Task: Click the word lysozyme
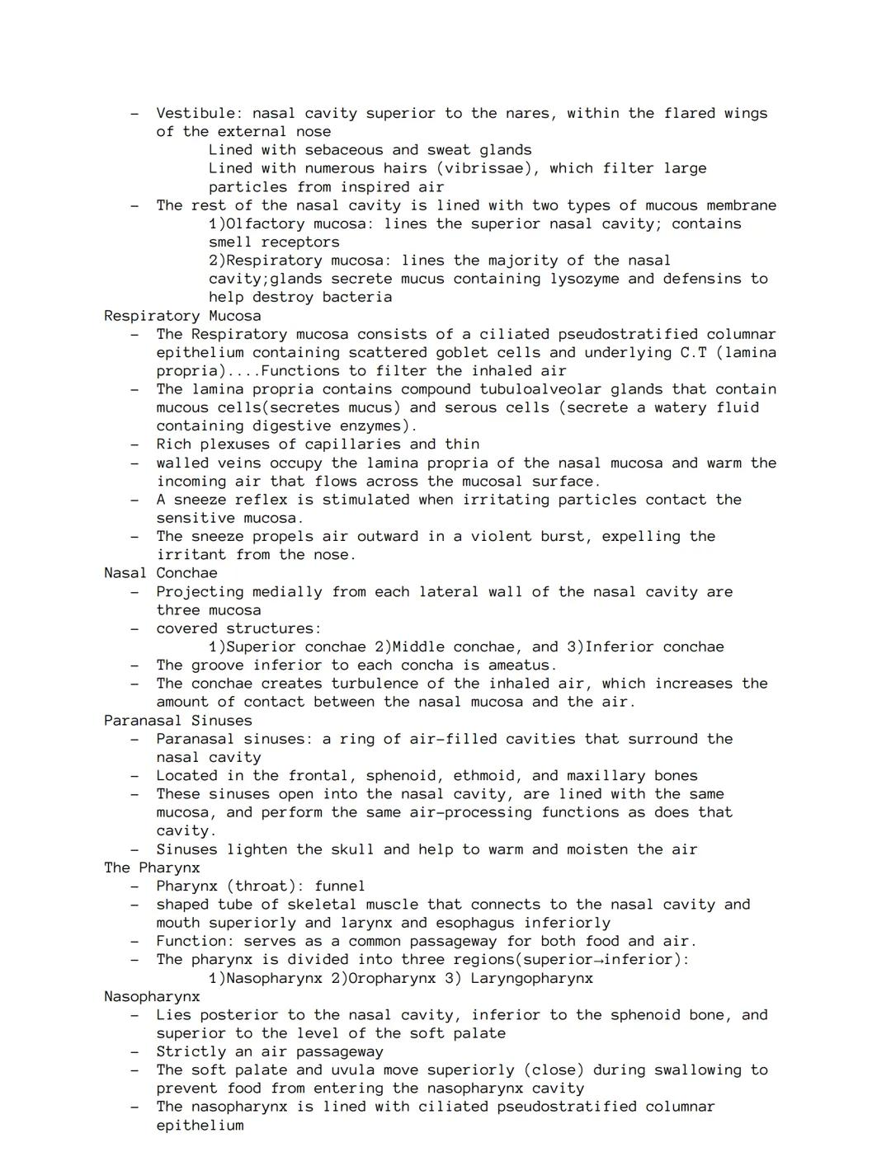click(x=584, y=279)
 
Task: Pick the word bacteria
click(x=357, y=297)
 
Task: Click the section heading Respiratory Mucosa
click(x=182, y=316)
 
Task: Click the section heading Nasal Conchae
click(x=161, y=573)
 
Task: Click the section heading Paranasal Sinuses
click(x=178, y=721)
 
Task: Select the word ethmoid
click(x=488, y=776)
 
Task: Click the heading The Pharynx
click(x=152, y=868)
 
